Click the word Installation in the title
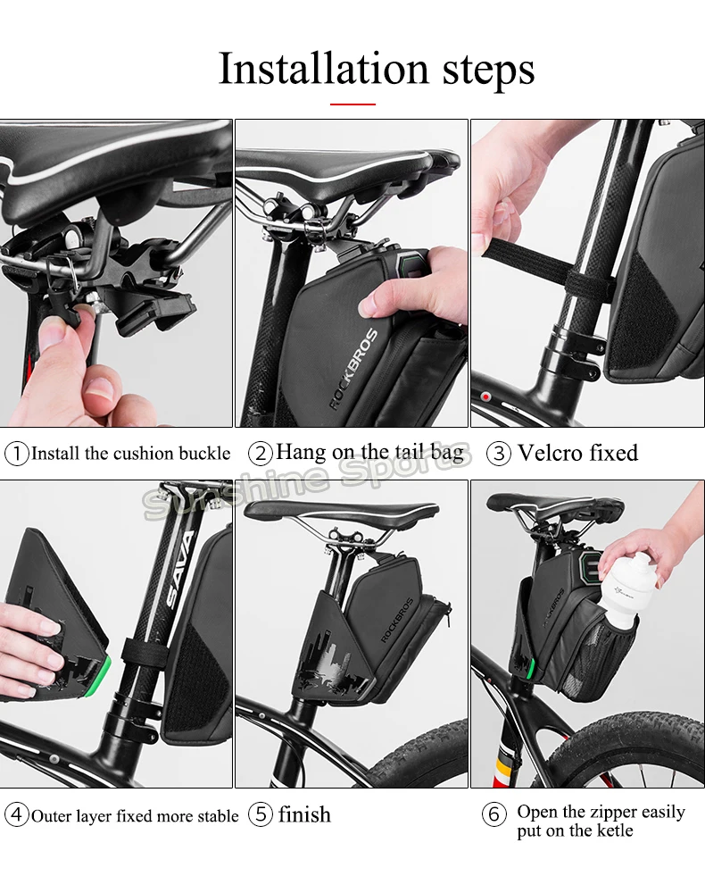coord(323,69)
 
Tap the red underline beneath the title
coord(352,104)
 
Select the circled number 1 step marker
coord(16,454)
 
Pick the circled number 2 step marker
coord(260,454)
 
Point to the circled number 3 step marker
coord(499,454)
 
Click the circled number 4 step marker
coord(16,814)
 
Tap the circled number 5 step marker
coord(260,814)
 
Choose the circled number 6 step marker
coord(493,814)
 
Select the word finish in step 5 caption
coord(304,814)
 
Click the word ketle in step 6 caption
coord(615,830)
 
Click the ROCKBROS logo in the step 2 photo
coord(353,369)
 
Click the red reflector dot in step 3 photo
coord(485,396)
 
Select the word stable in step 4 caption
coord(218,816)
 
